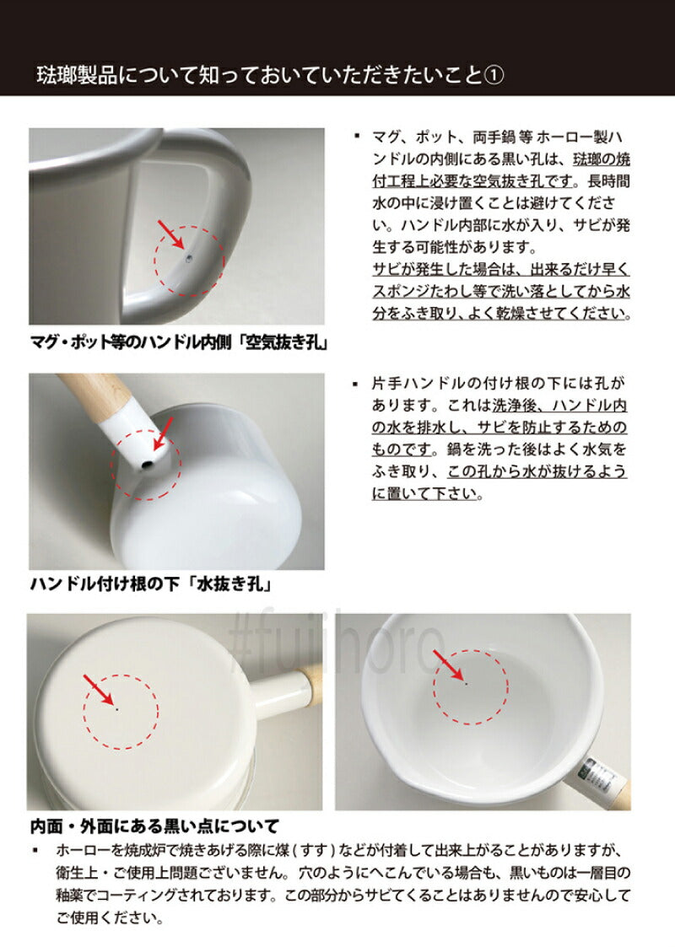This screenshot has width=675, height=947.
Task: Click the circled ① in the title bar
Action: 495,75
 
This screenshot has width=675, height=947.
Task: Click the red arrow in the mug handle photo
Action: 172,234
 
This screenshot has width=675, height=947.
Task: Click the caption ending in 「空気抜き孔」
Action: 178,344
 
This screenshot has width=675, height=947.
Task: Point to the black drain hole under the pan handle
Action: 145,464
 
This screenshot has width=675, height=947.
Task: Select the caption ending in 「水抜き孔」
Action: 154,583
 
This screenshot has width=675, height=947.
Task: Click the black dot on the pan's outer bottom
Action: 117,709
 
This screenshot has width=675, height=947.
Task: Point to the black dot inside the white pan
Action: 466,682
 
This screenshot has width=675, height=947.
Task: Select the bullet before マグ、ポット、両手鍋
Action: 358,137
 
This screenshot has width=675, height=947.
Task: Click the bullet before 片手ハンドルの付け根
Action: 358,383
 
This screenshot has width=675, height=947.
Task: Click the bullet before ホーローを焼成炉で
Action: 36,851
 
